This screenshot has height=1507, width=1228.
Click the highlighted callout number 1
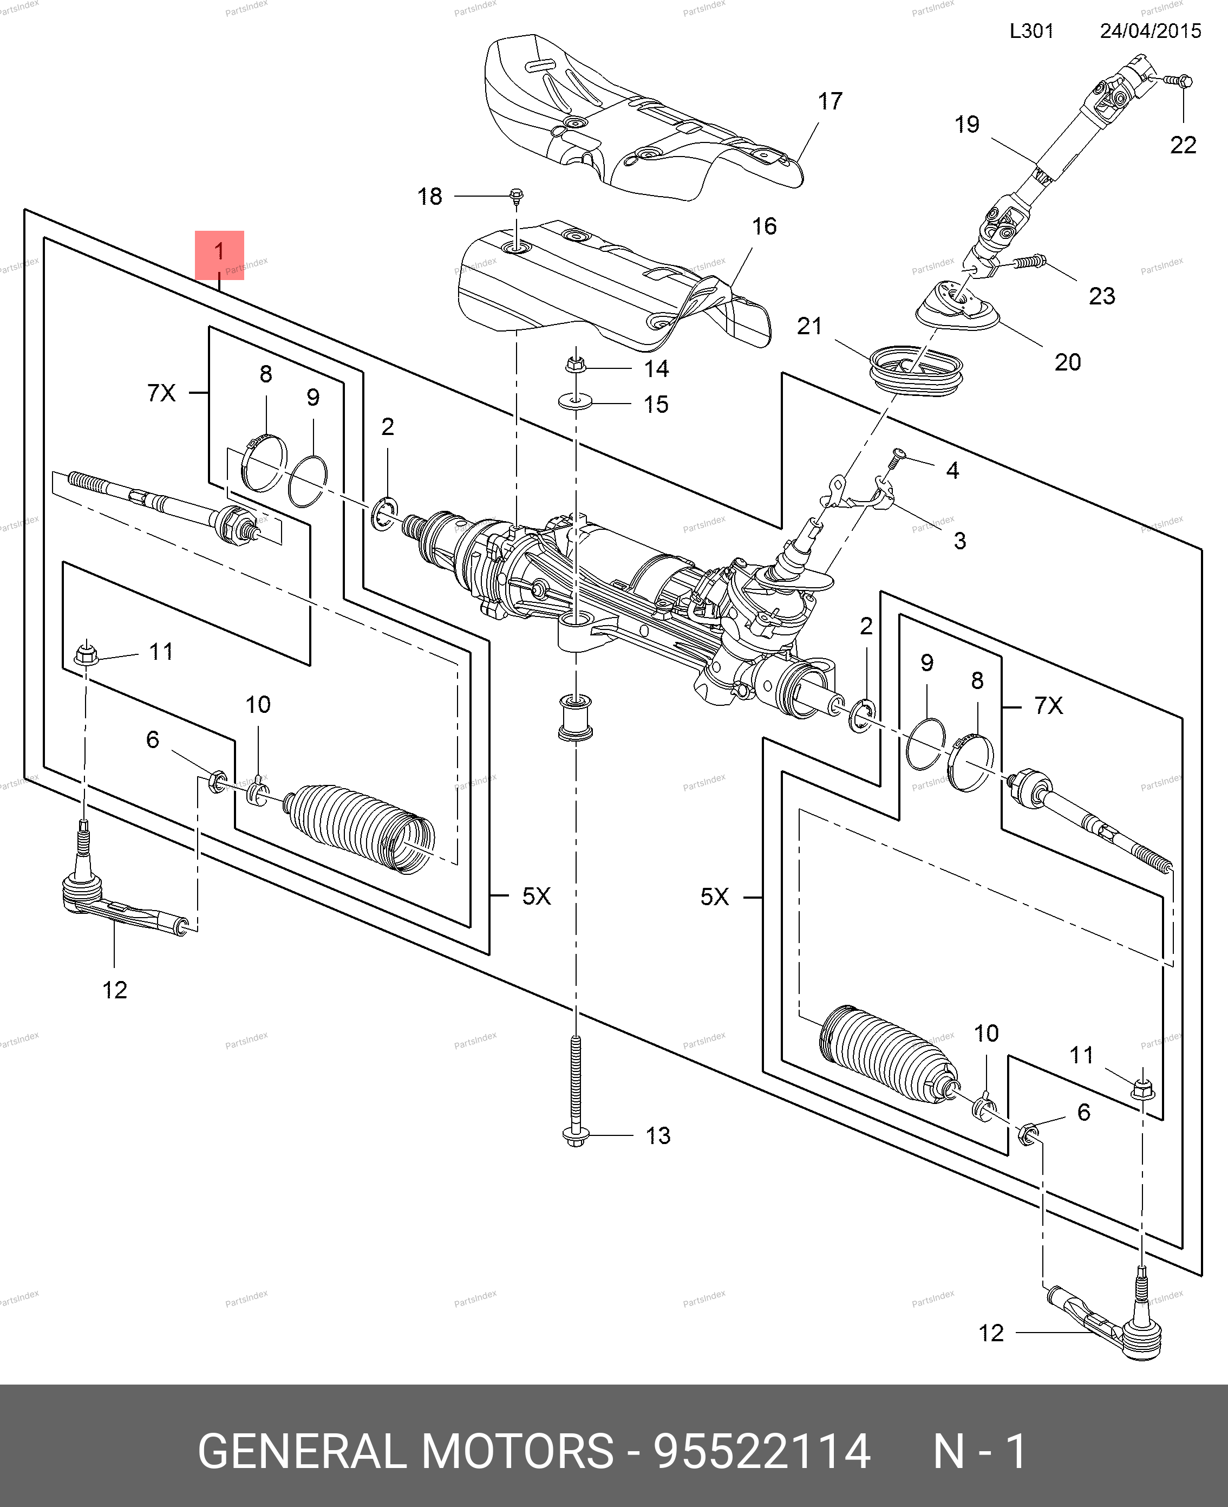click(219, 252)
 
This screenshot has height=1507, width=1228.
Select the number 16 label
click(764, 227)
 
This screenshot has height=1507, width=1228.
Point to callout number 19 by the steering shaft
click(966, 125)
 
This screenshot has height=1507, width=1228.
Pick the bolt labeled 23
click(1029, 262)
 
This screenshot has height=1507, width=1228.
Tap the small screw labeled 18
click(517, 195)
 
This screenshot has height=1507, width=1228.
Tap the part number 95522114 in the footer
click(761, 1452)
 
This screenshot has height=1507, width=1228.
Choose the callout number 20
click(1067, 363)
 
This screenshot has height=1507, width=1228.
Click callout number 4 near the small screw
click(952, 471)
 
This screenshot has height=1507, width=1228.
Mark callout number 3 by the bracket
click(959, 541)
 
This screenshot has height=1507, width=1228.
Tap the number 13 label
click(658, 1136)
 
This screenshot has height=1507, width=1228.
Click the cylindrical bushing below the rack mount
click(575, 718)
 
